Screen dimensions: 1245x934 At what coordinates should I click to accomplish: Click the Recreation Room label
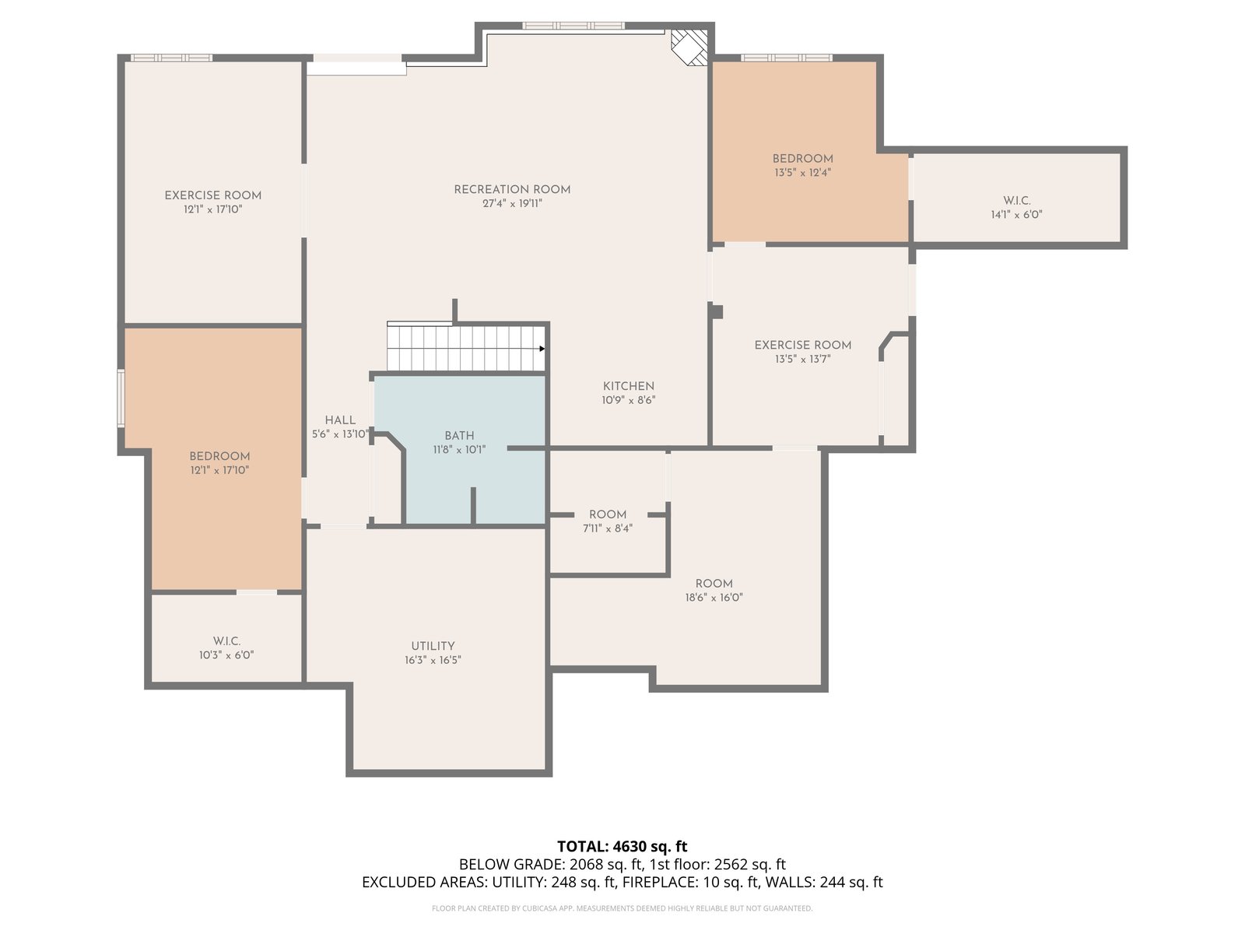(511, 189)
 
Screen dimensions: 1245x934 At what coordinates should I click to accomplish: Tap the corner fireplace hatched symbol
(689, 47)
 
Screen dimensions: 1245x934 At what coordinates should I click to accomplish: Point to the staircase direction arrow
(542, 349)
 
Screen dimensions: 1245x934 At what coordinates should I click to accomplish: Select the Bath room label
(459, 436)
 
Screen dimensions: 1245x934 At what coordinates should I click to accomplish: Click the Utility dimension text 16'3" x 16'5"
(433, 660)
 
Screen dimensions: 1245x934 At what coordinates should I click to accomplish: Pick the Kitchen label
(629, 386)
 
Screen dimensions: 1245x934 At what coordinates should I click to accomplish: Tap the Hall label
(340, 420)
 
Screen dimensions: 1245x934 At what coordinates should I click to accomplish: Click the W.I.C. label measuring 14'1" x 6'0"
(1016, 201)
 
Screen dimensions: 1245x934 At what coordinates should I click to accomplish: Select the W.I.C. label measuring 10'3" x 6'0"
(227, 641)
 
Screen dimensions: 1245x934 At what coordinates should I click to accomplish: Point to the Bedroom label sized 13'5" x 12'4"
(802, 159)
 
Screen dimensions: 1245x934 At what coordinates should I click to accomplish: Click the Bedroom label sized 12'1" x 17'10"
(219, 457)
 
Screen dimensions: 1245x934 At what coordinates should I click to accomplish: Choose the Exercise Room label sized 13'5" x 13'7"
(802, 346)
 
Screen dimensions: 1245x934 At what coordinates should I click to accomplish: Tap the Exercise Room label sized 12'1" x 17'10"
(212, 195)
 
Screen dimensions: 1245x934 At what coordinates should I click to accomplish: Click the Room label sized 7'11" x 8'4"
(608, 514)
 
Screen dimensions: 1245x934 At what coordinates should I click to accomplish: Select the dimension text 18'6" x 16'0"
(714, 597)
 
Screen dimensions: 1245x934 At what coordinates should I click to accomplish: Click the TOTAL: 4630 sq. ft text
(622, 847)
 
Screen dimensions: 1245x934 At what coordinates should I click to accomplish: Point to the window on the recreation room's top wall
(573, 26)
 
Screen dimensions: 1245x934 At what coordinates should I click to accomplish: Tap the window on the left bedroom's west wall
(121, 398)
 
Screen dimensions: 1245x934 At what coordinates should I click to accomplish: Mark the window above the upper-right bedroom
(787, 58)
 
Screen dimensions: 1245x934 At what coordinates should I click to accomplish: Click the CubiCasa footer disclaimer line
(622, 908)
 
